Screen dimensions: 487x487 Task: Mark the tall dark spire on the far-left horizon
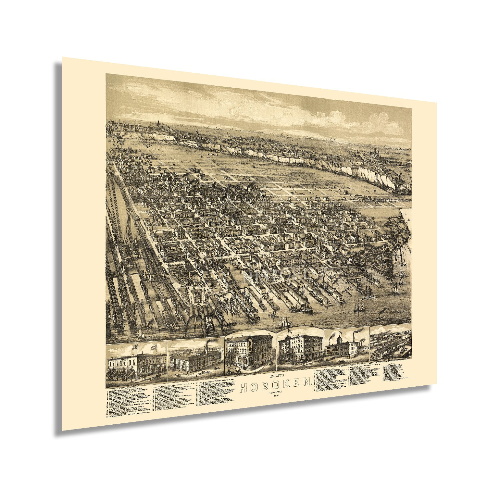tap(158, 124)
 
